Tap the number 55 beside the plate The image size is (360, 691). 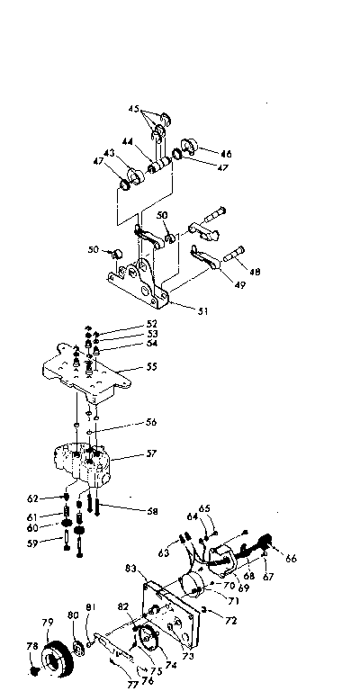(152, 368)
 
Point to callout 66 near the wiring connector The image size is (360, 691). (291, 558)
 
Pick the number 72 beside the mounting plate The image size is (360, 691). (231, 621)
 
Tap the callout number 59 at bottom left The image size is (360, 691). (57, 543)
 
